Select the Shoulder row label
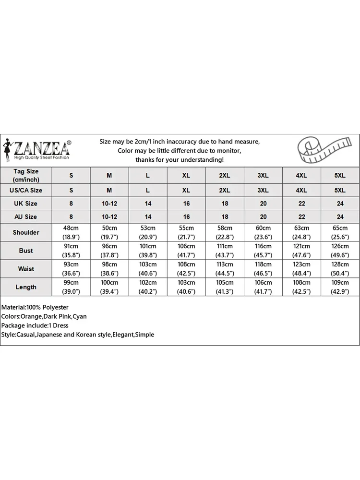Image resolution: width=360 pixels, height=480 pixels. [x=26, y=232]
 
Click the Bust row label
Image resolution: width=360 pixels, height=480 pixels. [x=26, y=251]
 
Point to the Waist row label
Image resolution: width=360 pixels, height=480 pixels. [x=26, y=269]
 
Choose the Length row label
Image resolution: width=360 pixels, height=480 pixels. [x=26, y=287]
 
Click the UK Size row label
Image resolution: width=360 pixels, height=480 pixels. [x=26, y=204]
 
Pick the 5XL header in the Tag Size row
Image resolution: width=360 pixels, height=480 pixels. [x=340, y=176]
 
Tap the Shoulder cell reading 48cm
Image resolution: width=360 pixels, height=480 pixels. [x=71, y=228]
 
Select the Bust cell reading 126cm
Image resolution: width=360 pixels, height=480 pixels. [x=340, y=246]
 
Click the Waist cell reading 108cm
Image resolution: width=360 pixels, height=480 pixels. [x=186, y=264]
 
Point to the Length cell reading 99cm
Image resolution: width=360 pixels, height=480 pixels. [x=71, y=283]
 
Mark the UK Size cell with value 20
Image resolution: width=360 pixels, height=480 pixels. [x=263, y=204]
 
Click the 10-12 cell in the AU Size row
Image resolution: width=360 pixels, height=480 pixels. [x=109, y=217]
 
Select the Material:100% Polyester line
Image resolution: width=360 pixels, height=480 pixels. [x=35, y=307]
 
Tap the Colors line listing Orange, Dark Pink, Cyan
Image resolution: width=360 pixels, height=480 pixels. [x=44, y=316]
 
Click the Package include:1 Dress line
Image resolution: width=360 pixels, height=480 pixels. [x=35, y=325]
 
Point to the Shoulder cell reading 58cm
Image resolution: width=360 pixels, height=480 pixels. [x=225, y=228]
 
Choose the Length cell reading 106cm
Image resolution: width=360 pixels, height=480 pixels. [x=263, y=283]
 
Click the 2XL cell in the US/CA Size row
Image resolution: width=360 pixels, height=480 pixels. [x=225, y=190]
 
